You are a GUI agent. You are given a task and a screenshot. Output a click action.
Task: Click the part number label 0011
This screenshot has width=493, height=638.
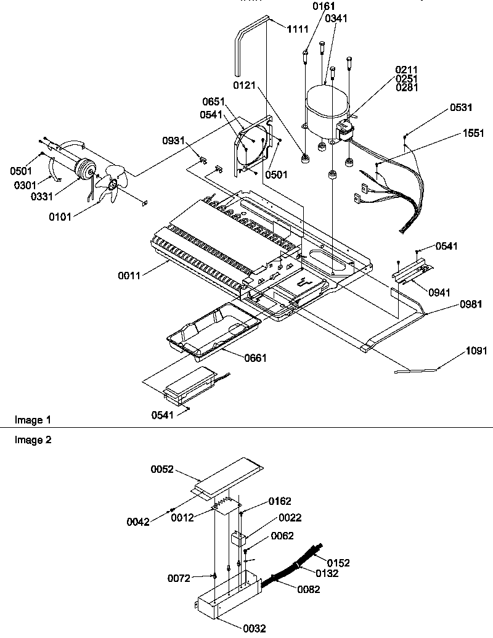[x=130, y=276]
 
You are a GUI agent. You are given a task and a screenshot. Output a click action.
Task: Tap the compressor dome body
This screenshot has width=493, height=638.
[x=325, y=108]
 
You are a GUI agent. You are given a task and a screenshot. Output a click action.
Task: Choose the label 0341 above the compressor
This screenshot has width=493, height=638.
[x=336, y=18]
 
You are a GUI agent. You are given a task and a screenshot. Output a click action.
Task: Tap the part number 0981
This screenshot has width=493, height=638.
[x=470, y=304]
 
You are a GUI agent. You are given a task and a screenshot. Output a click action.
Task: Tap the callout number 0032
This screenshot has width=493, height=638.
[x=255, y=628]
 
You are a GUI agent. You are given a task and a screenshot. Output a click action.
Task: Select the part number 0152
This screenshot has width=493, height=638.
[x=338, y=562]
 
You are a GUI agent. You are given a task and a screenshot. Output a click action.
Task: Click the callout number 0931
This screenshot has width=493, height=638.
[x=174, y=141]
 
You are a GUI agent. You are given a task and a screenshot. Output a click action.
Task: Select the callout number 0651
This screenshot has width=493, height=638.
[x=213, y=102]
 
